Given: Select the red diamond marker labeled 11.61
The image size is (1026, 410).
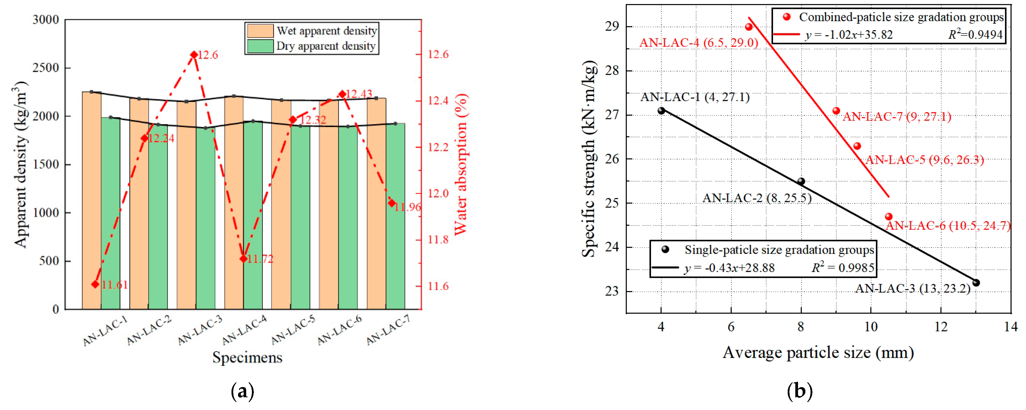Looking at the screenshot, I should (95, 284).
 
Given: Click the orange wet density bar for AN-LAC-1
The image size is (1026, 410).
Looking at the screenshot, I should (92, 199).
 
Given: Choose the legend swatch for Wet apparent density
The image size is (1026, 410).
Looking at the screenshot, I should (260, 31).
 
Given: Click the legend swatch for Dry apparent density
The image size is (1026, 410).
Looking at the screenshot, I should (260, 46).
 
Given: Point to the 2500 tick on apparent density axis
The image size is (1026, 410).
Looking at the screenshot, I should (45, 68).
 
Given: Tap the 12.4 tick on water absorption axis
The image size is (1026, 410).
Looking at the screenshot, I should (438, 101).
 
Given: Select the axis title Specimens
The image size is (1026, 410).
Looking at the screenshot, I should (247, 357).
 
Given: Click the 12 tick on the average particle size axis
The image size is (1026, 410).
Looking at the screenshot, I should (941, 327).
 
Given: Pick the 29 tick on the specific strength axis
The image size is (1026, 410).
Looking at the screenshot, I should (612, 27).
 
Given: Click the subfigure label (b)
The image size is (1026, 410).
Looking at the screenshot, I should (799, 392).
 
